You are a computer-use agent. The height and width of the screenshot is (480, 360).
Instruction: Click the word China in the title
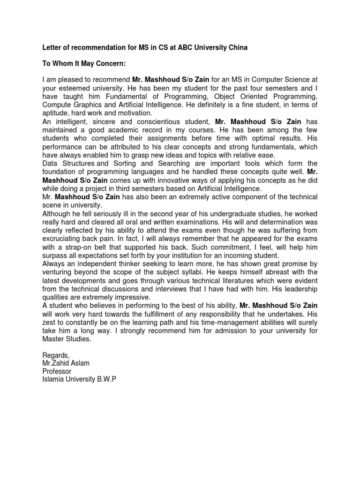234,48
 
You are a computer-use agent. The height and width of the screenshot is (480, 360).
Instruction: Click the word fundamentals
274,147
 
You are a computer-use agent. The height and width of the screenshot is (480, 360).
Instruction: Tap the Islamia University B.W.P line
79,379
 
